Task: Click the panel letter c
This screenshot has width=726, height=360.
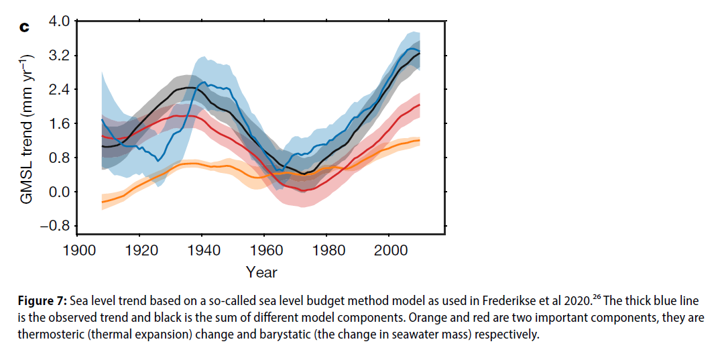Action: click(25, 27)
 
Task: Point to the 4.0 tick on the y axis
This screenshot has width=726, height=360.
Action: click(59, 21)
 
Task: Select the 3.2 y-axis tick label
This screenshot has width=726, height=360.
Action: click(59, 56)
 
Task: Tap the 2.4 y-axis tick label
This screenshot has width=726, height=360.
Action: click(59, 90)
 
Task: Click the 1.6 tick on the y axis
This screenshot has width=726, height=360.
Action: click(59, 124)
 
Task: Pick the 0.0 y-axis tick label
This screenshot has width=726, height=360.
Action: click(59, 192)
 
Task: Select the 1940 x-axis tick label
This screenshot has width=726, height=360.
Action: click(203, 250)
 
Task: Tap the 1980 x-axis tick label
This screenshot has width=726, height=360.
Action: click(328, 250)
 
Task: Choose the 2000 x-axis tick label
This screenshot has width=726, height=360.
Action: click(391, 250)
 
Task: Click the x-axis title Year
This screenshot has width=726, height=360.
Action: click(261, 272)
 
